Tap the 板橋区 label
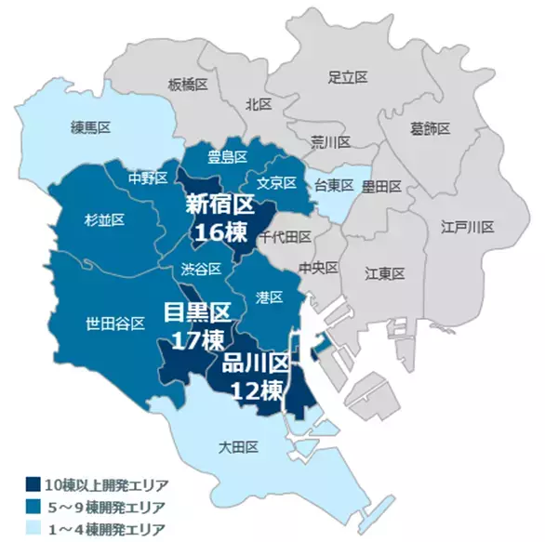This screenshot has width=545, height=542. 188,84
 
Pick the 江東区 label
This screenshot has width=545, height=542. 384,272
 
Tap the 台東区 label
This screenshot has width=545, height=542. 333,185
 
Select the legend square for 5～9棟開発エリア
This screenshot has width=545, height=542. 33,507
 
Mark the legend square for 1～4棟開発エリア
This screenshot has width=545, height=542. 33,529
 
